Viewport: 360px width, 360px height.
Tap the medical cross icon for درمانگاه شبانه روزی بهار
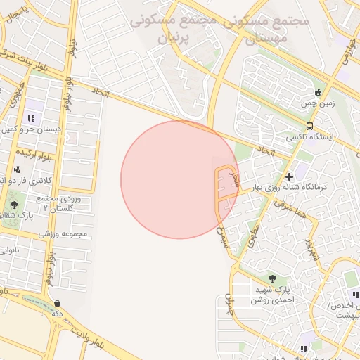point(289,176)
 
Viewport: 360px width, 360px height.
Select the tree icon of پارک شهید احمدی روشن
point(272,278)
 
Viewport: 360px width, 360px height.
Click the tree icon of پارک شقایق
point(14,205)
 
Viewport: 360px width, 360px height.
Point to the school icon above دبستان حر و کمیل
point(30,118)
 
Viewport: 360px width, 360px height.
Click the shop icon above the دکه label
point(57,304)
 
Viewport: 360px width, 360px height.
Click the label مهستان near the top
point(269,38)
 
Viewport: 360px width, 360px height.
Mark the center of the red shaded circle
point(179,179)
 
